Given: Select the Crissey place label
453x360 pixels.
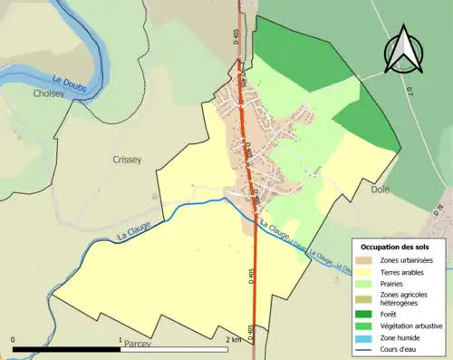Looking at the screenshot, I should click(127, 160).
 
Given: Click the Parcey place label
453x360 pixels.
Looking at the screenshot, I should click(134, 345).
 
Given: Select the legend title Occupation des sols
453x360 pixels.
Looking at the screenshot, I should click(395, 247).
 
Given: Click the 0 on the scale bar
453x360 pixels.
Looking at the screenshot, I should click(13, 339).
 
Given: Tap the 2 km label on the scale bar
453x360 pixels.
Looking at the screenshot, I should click(233, 339).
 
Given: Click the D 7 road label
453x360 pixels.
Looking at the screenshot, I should click(409, 91).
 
